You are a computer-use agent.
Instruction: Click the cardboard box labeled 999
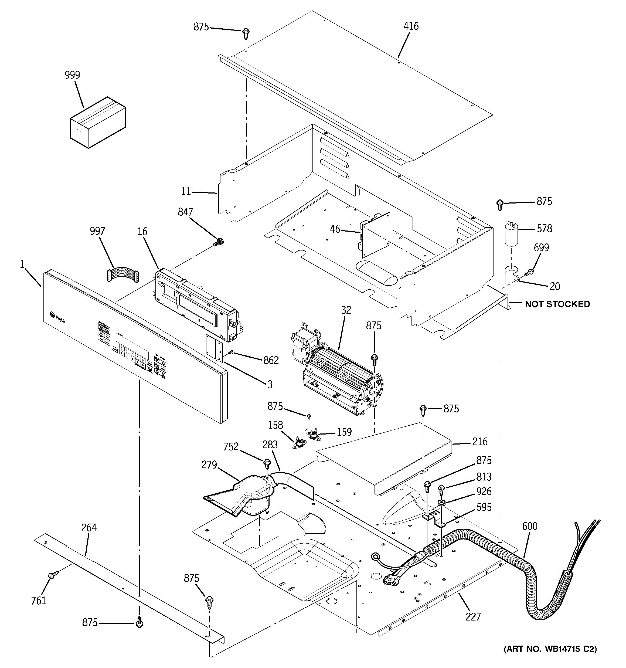(x=98, y=123)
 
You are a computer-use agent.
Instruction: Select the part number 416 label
(x=411, y=26)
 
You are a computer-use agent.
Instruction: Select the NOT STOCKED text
(x=557, y=304)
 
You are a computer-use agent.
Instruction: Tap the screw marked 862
(x=231, y=352)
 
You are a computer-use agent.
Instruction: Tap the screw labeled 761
(x=52, y=575)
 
